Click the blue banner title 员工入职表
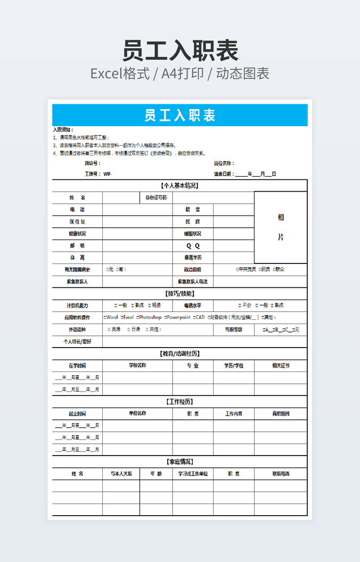(179, 115)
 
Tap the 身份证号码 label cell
(156, 197)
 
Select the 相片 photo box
(281, 227)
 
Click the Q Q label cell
(192, 246)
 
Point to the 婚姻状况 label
(192, 234)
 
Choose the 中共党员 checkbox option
(246, 269)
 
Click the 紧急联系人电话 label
(192, 282)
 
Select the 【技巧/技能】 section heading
(179, 293)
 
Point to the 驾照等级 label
(233, 329)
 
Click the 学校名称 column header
(137, 366)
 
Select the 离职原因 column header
(281, 414)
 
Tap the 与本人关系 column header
(121, 474)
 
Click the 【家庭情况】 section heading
(179, 461)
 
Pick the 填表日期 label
(223, 174)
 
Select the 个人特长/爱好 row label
(77, 342)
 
